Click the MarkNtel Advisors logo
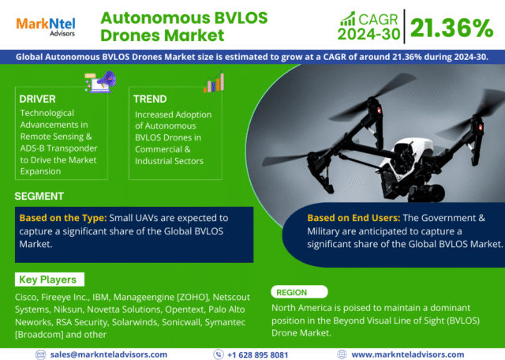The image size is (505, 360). tap(46, 27)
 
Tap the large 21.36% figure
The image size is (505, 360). tap(451, 28)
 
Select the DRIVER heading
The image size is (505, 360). tap(37, 99)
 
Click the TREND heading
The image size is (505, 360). tap(150, 99)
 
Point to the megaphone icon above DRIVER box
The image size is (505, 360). tap(100, 82)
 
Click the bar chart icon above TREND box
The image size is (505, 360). tap(214, 82)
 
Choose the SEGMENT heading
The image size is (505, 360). tap(39, 197)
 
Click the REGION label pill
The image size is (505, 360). tap(300, 292)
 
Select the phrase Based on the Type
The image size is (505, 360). tap(63, 218)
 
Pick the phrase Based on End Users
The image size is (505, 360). tap(353, 218)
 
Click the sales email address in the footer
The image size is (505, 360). tap(109, 354)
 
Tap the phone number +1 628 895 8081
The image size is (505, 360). tap(257, 354)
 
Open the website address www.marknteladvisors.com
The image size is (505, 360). tap(407, 354)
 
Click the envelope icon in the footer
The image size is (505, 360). tap(40, 354)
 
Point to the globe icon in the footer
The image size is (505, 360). tap(342, 354)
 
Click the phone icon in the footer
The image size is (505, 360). tap(219, 354)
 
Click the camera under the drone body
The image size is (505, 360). tap(425, 193)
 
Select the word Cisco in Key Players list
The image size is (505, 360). tap(26, 297)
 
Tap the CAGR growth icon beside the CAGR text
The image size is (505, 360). tap(348, 19)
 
